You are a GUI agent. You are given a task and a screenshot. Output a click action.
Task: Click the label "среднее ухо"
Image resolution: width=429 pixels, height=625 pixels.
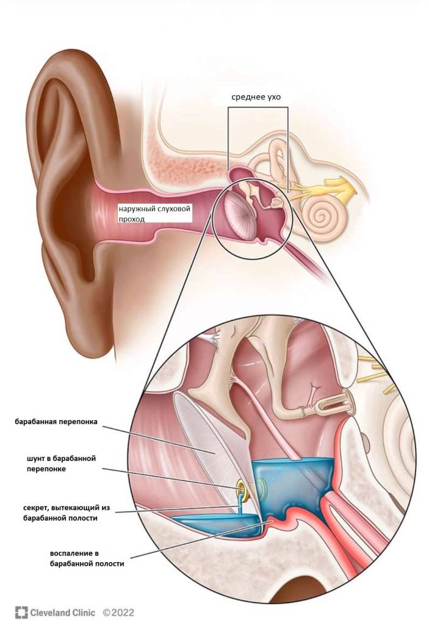click(256, 97)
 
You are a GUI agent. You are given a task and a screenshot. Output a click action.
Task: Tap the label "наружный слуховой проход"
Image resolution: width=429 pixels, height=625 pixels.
click(154, 214)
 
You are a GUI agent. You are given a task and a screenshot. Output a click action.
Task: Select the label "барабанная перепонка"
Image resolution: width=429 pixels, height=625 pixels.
click(56, 422)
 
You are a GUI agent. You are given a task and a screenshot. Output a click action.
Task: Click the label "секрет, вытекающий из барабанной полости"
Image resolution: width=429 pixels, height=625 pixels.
click(66, 513)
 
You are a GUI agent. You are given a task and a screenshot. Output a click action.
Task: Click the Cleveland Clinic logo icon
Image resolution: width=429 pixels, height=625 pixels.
click(21, 612)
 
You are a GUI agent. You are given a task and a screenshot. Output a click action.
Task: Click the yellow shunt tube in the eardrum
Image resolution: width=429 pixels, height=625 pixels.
click(242, 488)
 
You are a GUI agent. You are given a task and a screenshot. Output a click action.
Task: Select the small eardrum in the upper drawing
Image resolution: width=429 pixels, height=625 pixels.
click(239, 213)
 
